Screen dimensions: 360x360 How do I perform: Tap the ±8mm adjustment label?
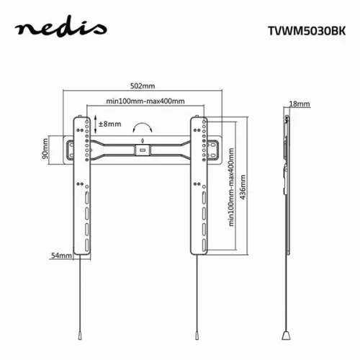(x=111, y=125)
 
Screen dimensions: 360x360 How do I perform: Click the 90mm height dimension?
(x=46, y=149)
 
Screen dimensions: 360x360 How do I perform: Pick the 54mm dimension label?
(x=60, y=256)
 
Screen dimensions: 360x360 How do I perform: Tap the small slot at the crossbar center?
(x=143, y=150)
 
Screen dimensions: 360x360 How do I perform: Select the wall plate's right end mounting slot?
(x=217, y=149)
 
